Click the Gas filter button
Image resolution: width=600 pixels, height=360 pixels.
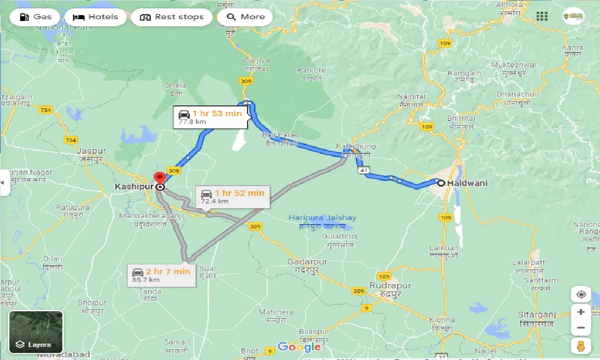pyautogui.click(x=35, y=17)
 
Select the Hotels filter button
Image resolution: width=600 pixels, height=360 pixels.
pyautogui.click(x=96, y=17)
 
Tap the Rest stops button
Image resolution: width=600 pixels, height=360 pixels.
pyautogui.click(x=172, y=17)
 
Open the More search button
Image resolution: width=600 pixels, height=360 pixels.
pyautogui.click(x=246, y=17)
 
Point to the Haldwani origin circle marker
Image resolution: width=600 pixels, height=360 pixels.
pyautogui.click(x=441, y=183)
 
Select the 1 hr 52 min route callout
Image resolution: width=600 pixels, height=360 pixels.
pyautogui.click(x=232, y=196)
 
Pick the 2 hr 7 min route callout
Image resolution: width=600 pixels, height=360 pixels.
pyautogui.click(x=161, y=275)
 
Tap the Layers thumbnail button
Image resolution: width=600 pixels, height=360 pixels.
pyautogui.click(x=36, y=332)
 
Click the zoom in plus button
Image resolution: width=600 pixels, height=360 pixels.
pyautogui.click(x=581, y=312)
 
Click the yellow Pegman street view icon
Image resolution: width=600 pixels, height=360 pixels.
pyautogui.click(x=581, y=346)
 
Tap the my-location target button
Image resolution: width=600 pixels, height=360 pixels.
pyautogui.click(x=581, y=294)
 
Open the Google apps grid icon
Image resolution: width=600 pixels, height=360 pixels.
pyautogui.click(x=542, y=17)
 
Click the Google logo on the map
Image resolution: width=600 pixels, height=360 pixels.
pyautogui.click(x=299, y=347)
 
